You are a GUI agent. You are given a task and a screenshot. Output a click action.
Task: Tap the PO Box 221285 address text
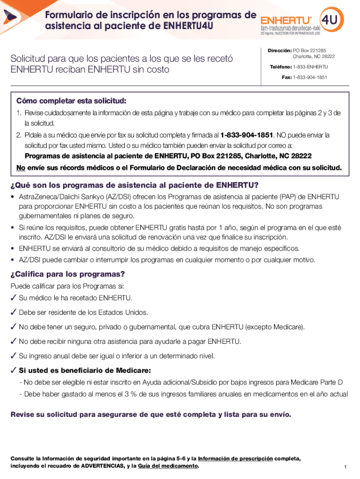click(309, 50)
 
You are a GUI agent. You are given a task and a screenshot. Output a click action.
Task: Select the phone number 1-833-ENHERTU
click(310, 67)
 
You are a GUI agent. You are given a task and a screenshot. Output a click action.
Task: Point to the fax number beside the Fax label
click(310, 77)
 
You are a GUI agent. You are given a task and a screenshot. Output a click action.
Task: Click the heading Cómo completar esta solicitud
click(71, 101)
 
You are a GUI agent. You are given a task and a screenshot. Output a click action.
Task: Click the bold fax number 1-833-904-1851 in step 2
click(246, 135)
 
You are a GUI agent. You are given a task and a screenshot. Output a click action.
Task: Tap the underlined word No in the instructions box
click(21, 167)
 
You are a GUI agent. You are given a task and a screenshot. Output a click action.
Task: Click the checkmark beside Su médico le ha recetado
click(14, 298)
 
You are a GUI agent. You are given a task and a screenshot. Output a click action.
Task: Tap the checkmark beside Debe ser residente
click(14, 312)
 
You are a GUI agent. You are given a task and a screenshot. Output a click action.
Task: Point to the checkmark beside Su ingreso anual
click(14, 356)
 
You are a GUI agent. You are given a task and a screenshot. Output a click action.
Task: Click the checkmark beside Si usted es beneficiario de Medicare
click(14, 370)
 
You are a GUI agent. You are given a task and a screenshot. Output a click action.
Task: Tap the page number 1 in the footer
click(344, 467)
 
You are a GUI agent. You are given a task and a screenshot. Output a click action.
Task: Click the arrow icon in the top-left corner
click(9, 17)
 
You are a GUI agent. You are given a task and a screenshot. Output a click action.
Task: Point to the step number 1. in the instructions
click(19, 113)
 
